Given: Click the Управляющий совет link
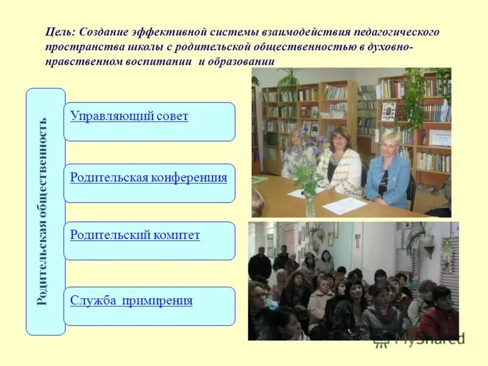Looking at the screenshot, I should click(129, 117).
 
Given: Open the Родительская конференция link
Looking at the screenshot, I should click(148, 178).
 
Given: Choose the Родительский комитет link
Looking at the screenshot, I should click(135, 235).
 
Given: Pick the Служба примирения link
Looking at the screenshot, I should click(131, 300).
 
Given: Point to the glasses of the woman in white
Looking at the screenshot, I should click(339, 138).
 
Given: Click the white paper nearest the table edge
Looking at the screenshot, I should click(345, 206).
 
